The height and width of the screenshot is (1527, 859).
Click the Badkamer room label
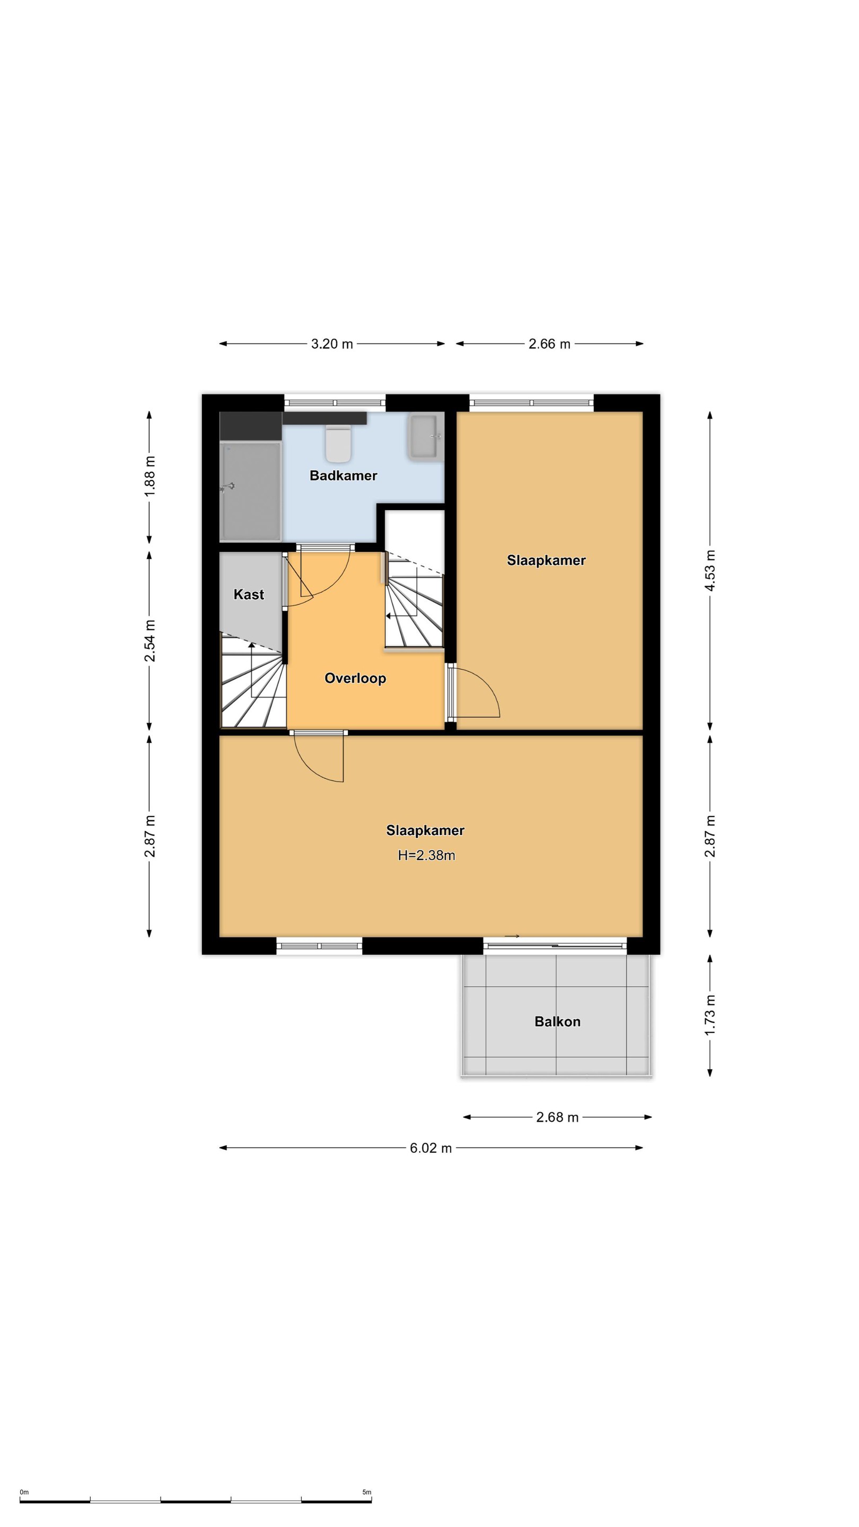point(343,476)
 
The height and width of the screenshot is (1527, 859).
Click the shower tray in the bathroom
point(250,492)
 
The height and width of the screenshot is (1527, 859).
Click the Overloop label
point(355,678)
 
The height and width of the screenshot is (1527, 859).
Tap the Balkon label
point(557,1021)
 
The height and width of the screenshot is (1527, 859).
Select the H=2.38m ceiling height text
point(426,855)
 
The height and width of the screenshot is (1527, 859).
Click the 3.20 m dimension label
point(332,344)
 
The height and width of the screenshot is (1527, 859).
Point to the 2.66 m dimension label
point(549,344)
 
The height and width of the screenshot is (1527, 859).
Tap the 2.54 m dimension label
point(150,641)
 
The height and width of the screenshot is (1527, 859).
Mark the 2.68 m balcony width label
point(557,1117)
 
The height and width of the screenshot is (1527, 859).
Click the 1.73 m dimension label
point(710,1015)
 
